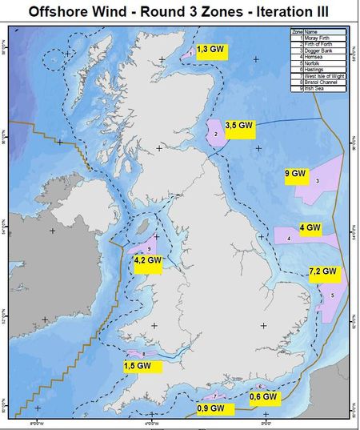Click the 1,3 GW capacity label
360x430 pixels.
coord(210,49)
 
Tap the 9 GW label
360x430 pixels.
coord(296,174)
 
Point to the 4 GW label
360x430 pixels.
coord(310,228)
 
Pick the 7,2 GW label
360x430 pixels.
coord(324,275)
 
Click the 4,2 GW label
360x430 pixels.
coord(148,261)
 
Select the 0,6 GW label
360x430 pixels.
coord(263,396)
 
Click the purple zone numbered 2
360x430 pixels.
coord(216,132)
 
